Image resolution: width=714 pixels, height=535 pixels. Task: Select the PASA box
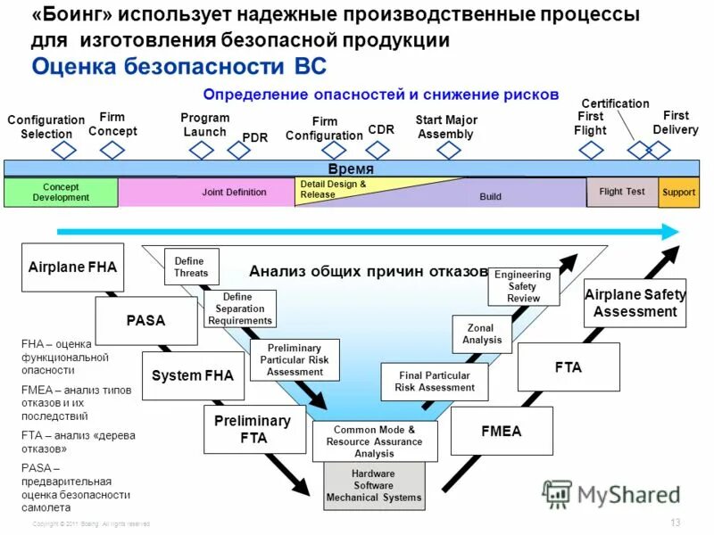tap(145, 320)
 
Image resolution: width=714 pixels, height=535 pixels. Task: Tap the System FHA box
tap(192, 375)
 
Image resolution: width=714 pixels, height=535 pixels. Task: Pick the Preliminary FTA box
tap(253, 429)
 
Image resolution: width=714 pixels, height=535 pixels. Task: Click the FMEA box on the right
tap(502, 431)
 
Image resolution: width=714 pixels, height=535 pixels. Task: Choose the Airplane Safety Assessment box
tap(635, 303)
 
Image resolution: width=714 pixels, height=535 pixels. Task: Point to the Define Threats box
tap(191, 267)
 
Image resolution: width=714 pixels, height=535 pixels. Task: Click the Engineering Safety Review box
tap(523, 286)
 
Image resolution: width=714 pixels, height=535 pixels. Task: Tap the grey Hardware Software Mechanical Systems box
tap(373, 486)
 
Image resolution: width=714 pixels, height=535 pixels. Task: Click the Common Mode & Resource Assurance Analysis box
tap(374, 441)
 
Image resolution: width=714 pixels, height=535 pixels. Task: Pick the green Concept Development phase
tap(61, 193)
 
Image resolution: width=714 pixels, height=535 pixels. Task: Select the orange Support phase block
tap(678, 193)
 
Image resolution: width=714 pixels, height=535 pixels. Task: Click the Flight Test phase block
tap(621, 192)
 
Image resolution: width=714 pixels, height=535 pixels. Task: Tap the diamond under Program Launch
tap(202, 151)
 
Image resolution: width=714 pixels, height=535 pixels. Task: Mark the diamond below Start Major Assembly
tap(447, 151)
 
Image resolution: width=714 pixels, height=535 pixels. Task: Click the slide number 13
tap(674, 522)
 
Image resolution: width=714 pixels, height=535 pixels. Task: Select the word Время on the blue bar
tap(349, 169)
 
